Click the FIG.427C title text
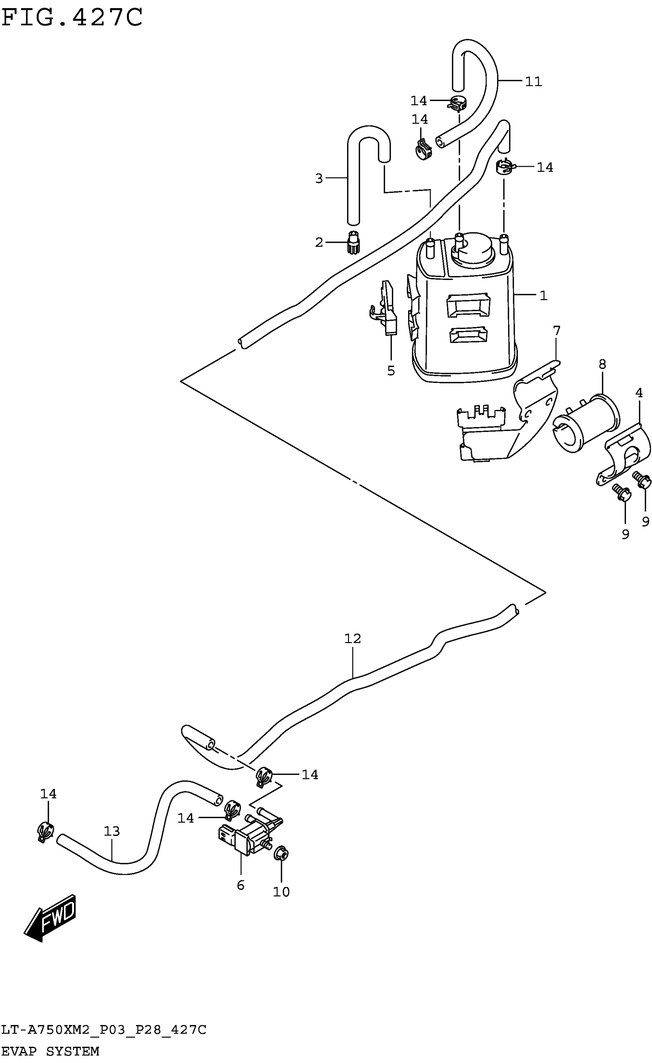click(x=72, y=18)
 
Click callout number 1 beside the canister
click(x=543, y=296)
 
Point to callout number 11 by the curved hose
click(x=533, y=82)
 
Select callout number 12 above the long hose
click(x=352, y=638)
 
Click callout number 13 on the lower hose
click(x=112, y=831)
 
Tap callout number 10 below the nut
click(x=282, y=888)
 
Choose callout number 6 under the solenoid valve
click(x=241, y=882)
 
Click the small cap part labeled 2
click(x=353, y=243)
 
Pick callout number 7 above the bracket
click(x=557, y=331)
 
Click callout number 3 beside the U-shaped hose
click(x=319, y=178)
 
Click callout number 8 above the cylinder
click(x=603, y=365)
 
